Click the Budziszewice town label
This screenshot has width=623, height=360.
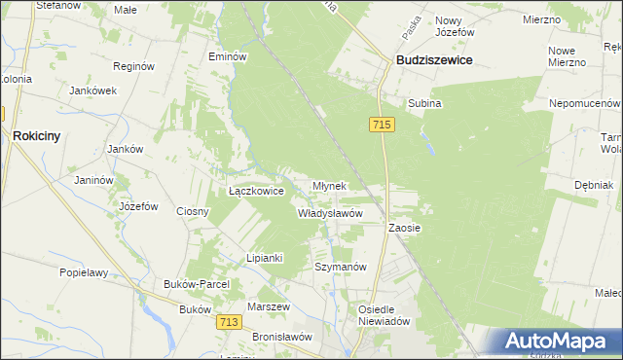tap(434, 60)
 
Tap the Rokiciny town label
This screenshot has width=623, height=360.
tap(37, 137)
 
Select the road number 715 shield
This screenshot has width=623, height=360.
tap(382, 125)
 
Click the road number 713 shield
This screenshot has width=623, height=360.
tap(230, 322)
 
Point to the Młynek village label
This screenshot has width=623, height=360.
tap(329, 186)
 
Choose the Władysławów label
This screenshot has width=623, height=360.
tap(330, 213)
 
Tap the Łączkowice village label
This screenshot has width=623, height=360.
tap(256, 192)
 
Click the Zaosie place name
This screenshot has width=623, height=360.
tap(404, 228)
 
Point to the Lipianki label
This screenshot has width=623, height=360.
tap(264, 258)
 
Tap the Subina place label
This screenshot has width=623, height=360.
tap(424, 102)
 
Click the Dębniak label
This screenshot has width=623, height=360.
tap(593, 185)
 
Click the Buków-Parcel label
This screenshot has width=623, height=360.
tap(197, 284)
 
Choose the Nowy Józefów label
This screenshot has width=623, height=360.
tap(455, 26)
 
